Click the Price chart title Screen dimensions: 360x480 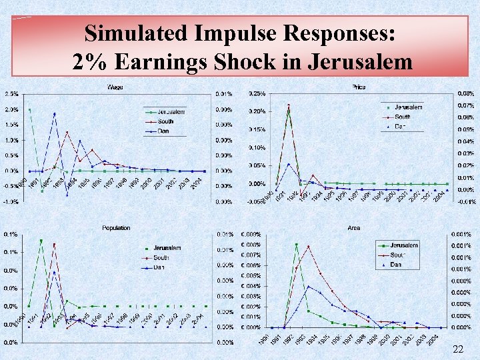[357, 87]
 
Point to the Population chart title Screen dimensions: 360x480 [116, 228]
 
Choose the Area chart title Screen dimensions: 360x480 [354, 228]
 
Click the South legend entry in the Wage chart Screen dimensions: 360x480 [165, 121]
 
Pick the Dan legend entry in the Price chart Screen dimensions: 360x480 [400, 126]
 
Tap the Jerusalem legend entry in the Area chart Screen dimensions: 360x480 [403, 245]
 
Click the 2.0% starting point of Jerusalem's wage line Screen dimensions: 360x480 [29, 110]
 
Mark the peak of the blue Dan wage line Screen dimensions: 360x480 [55, 113]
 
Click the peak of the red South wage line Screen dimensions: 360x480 [67, 133]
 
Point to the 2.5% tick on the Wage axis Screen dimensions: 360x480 [11, 93]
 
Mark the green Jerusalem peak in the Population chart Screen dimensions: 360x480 [41, 241]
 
